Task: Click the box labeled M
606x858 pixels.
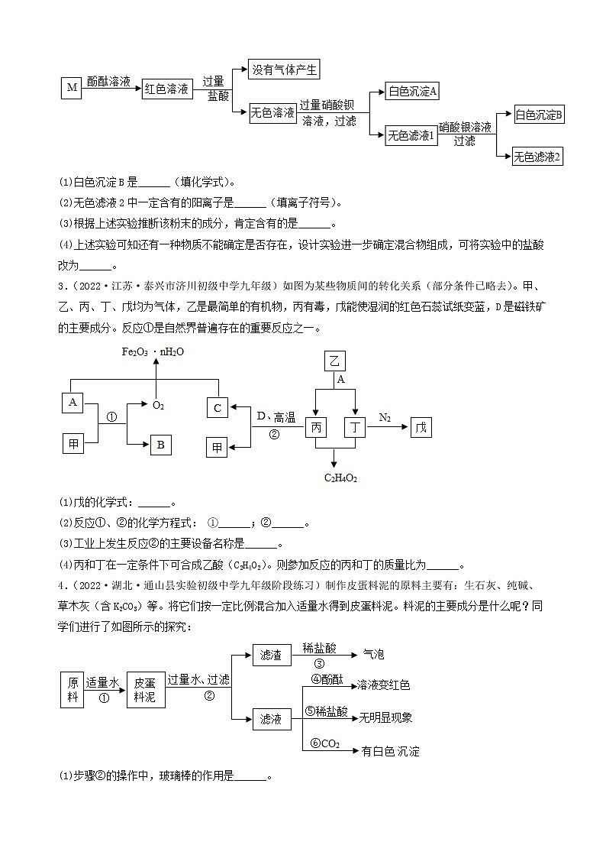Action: coord(72,89)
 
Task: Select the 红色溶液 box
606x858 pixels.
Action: coord(167,89)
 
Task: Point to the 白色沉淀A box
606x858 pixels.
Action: coord(412,92)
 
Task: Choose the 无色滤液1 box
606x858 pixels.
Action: coord(411,135)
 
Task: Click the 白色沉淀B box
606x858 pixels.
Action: coord(538,115)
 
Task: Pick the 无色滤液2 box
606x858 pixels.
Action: coord(537,157)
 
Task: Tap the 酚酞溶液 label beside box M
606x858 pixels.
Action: coord(108,80)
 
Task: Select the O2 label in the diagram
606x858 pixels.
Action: coord(159,405)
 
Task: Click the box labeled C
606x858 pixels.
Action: coord(218,408)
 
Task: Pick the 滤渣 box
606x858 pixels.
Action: coord(271,655)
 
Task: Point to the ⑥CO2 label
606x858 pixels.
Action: coord(324,743)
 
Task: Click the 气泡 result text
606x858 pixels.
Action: coord(373,655)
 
